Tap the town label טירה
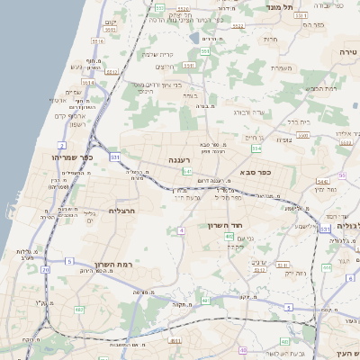pyautogui.click(x=347, y=53)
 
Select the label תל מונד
pyautogui.click(x=281, y=7)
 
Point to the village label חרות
pyautogui.click(x=270, y=40)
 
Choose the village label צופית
pyautogui.click(x=283, y=139)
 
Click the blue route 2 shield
pyautogui.click(x=62, y=144)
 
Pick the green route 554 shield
pyautogui.click(x=256, y=148)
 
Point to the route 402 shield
pyautogui.click(x=230, y=237)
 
